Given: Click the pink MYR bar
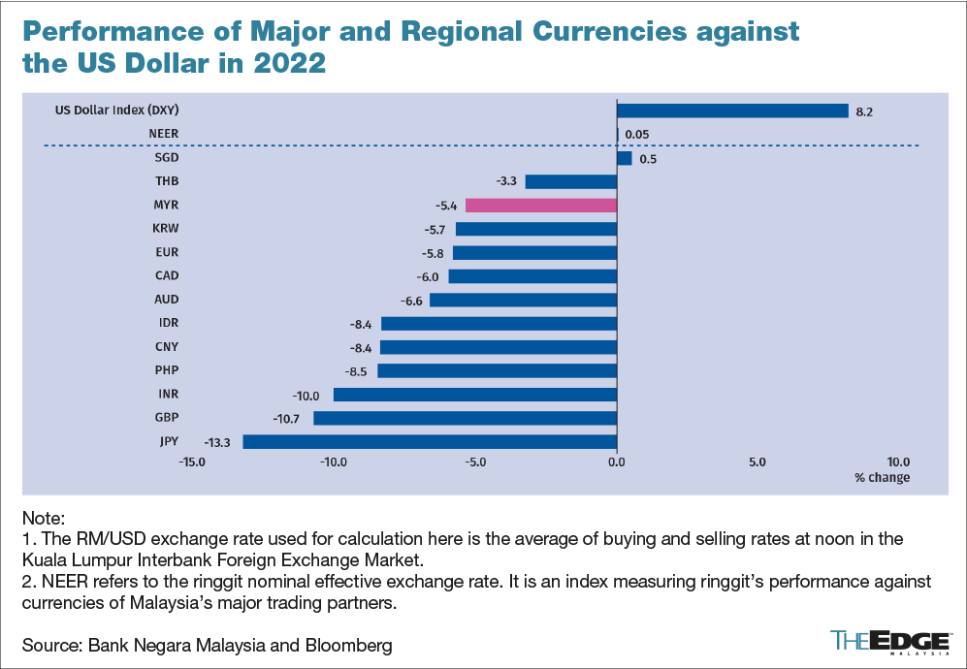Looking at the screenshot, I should (540, 206).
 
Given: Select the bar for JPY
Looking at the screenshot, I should (430, 442).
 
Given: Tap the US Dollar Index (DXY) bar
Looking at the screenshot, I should (732, 111).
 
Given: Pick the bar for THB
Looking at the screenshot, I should (570, 181).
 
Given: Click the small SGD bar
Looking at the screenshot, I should (624, 158).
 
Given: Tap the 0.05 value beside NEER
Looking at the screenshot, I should (637, 135).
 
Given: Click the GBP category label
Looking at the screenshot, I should (166, 418).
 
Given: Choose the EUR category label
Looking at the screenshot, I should (166, 252).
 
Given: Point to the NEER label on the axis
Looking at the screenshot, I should (163, 133).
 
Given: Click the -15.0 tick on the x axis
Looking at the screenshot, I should (191, 462).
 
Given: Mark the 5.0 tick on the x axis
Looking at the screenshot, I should (757, 462).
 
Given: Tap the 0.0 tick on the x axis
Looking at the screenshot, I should (616, 462).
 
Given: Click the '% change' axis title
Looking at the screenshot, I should (882, 478).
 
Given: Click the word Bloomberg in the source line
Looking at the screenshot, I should (350, 645).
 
